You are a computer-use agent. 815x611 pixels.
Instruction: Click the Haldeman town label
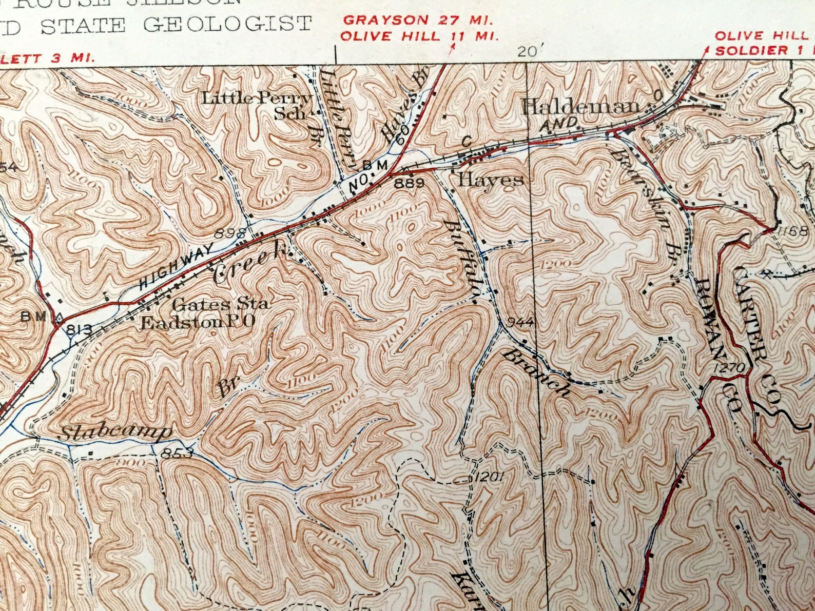pos(581,107)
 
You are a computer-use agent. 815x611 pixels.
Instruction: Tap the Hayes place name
pos(491,180)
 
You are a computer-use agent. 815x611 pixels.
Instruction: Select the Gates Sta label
pos(220,304)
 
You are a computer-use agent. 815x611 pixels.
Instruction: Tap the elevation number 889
pos(409,183)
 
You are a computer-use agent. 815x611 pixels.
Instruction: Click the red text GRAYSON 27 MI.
pos(418,21)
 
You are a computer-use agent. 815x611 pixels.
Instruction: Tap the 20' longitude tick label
pos(530,51)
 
